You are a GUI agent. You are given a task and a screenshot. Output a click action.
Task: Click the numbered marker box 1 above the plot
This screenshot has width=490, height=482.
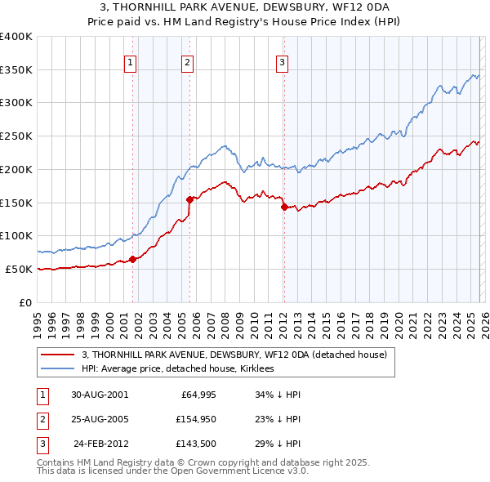(x=131, y=61)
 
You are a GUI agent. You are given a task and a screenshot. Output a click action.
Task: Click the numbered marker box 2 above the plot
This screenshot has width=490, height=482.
(x=188, y=61)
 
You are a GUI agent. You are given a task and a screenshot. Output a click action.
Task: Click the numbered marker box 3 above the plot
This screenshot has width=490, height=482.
(x=282, y=61)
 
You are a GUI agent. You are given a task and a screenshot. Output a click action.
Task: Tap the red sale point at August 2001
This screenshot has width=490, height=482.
(x=133, y=259)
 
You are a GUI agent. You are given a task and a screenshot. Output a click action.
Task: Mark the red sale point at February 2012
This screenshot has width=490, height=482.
(x=284, y=207)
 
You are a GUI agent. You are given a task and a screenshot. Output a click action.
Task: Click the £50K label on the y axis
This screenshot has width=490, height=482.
(x=19, y=269)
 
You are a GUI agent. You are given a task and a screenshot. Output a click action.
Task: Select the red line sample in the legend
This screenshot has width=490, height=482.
(x=58, y=355)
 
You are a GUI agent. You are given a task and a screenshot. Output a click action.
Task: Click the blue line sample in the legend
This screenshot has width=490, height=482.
(x=58, y=369)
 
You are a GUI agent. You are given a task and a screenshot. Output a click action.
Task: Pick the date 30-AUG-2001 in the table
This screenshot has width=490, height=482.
(x=100, y=394)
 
